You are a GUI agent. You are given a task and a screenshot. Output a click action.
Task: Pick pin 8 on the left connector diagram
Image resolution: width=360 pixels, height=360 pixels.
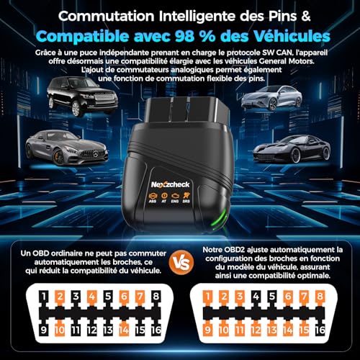(156, 297)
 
